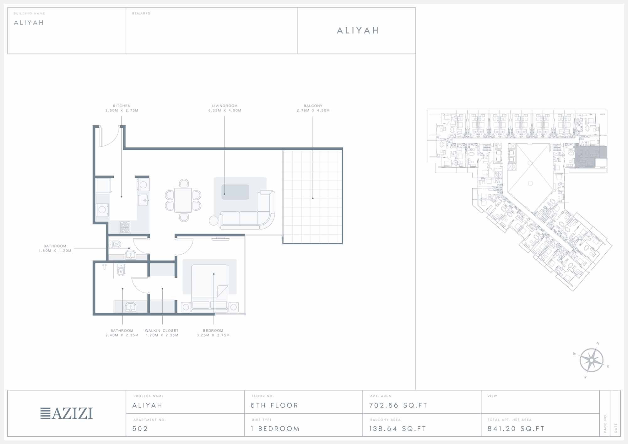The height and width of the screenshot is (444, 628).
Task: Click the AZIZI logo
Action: point(67,413)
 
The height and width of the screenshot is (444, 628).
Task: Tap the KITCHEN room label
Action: point(122,106)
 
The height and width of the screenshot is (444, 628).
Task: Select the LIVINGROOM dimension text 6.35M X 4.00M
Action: point(225,111)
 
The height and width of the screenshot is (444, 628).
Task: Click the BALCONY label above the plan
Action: point(313,106)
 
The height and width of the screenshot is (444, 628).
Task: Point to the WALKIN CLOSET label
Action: point(162,331)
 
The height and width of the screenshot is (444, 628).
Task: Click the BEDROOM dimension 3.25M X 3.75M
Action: point(213,335)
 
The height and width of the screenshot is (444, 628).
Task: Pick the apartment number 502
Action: point(140,429)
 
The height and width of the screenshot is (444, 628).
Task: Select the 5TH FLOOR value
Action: point(274,405)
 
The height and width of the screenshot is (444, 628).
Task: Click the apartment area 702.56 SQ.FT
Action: point(398,405)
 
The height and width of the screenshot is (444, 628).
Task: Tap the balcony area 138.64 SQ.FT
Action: point(398,429)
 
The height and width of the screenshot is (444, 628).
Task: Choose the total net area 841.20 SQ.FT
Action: point(516,429)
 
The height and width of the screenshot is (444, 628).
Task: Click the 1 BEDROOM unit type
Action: point(275,429)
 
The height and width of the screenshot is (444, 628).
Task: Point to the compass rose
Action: point(591,360)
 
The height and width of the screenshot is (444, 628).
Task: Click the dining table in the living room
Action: point(183,200)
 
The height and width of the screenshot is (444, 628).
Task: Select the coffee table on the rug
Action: point(235,192)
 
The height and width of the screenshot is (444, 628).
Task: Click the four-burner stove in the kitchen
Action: point(125,227)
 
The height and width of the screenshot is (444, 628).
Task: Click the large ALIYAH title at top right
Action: point(358,30)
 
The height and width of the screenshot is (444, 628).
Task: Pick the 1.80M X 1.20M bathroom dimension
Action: point(55,251)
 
